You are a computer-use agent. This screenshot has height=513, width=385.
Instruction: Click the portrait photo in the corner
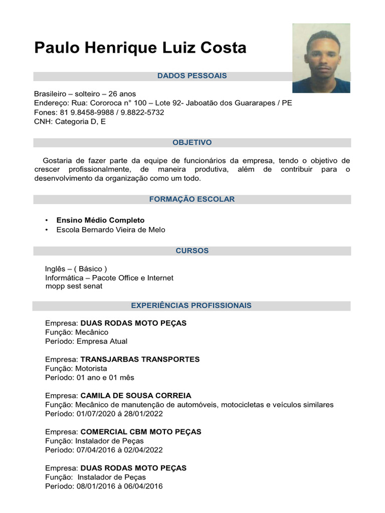(321, 58)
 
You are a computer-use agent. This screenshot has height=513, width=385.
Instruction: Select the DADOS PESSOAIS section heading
(192, 76)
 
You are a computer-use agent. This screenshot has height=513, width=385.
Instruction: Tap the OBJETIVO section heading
(192, 142)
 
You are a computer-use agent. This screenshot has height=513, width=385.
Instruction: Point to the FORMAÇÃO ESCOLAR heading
(192, 199)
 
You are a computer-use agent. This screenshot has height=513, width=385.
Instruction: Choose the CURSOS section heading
(192, 250)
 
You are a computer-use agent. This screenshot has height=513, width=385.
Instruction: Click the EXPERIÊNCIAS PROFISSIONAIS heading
(191, 305)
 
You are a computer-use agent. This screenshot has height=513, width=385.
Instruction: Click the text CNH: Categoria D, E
(70, 121)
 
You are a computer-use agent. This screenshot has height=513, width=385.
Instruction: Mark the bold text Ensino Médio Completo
(100, 220)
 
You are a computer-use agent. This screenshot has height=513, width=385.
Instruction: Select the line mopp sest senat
(74, 286)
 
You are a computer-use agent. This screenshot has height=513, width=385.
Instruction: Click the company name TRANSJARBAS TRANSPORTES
(140, 359)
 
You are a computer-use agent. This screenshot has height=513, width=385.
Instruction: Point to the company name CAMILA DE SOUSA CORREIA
(136, 395)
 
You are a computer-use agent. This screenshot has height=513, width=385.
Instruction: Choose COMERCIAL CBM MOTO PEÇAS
(141, 431)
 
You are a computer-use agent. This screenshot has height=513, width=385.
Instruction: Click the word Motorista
(91, 368)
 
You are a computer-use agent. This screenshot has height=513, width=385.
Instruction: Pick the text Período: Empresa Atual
(86, 341)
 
